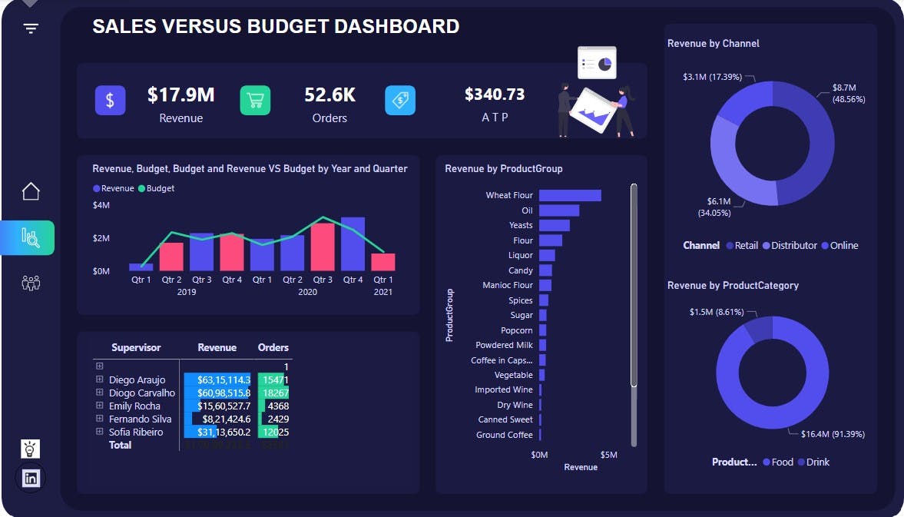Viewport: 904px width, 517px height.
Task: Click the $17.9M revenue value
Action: tap(180, 94)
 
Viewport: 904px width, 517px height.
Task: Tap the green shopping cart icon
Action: tap(255, 101)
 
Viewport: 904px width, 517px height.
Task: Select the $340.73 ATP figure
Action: tap(495, 94)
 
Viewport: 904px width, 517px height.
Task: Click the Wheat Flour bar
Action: tap(569, 195)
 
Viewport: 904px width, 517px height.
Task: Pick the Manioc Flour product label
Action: tap(507, 285)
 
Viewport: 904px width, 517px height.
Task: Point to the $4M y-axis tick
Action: tap(101, 205)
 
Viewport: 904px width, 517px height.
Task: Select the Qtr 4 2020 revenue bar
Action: tap(353, 244)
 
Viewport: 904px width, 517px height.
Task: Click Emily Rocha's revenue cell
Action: tap(217, 406)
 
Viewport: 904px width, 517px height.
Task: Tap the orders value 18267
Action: tap(274, 393)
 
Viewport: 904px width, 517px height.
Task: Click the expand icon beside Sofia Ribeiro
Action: tap(99, 432)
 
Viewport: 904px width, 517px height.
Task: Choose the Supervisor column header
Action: tap(136, 347)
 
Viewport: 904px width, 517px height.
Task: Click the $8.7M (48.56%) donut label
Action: tap(849, 93)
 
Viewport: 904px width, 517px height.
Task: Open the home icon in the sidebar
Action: tap(31, 191)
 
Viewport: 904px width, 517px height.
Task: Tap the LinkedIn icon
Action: tap(31, 478)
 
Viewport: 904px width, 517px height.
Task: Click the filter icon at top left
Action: tap(31, 28)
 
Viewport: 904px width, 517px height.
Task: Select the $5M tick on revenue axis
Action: tap(608, 455)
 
